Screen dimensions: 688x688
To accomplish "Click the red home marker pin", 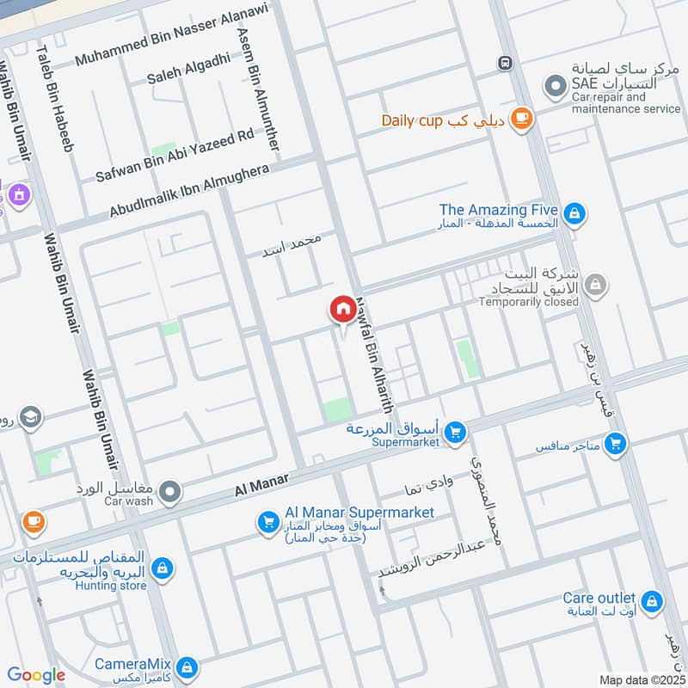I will tap(341, 309).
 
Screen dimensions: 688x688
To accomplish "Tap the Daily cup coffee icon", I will tap(520, 120).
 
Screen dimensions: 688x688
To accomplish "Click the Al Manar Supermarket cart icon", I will tap(268, 521).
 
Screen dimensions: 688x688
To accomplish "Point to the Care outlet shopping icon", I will tap(651, 599).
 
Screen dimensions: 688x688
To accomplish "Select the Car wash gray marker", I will tap(170, 492).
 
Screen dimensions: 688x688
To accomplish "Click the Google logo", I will tap(36, 675).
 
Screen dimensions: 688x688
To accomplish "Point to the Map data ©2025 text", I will tap(641, 679).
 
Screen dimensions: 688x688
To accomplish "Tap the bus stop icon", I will tap(505, 63).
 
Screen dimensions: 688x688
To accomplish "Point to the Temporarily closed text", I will tap(529, 302).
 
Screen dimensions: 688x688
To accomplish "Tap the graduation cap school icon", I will tap(30, 417).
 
